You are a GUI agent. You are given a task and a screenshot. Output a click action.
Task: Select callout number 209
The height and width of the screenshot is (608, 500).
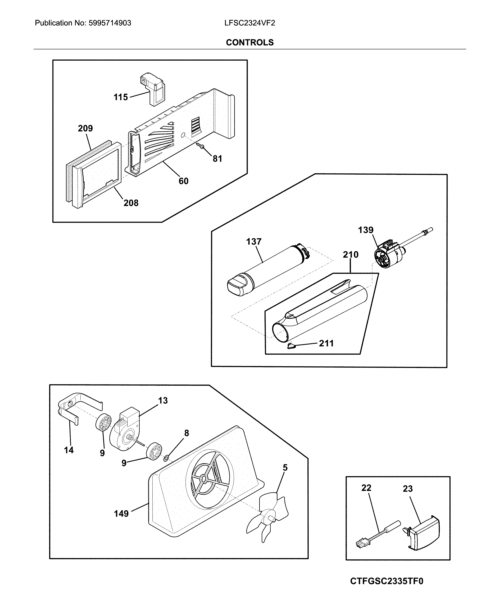(85, 128)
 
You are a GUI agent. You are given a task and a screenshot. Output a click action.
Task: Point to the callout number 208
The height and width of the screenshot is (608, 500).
(131, 203)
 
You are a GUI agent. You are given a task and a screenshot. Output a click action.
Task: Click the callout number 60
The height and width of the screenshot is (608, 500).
(183, 181)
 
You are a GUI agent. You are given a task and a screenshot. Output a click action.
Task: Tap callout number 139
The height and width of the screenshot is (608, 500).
(366, 230)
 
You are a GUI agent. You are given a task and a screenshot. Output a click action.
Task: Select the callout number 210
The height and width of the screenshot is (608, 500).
(351, 255)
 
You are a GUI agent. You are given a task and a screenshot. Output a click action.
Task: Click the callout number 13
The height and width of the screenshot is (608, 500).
(163, 400)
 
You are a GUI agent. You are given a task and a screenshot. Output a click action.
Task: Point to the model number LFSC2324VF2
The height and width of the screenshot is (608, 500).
(250, 23)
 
